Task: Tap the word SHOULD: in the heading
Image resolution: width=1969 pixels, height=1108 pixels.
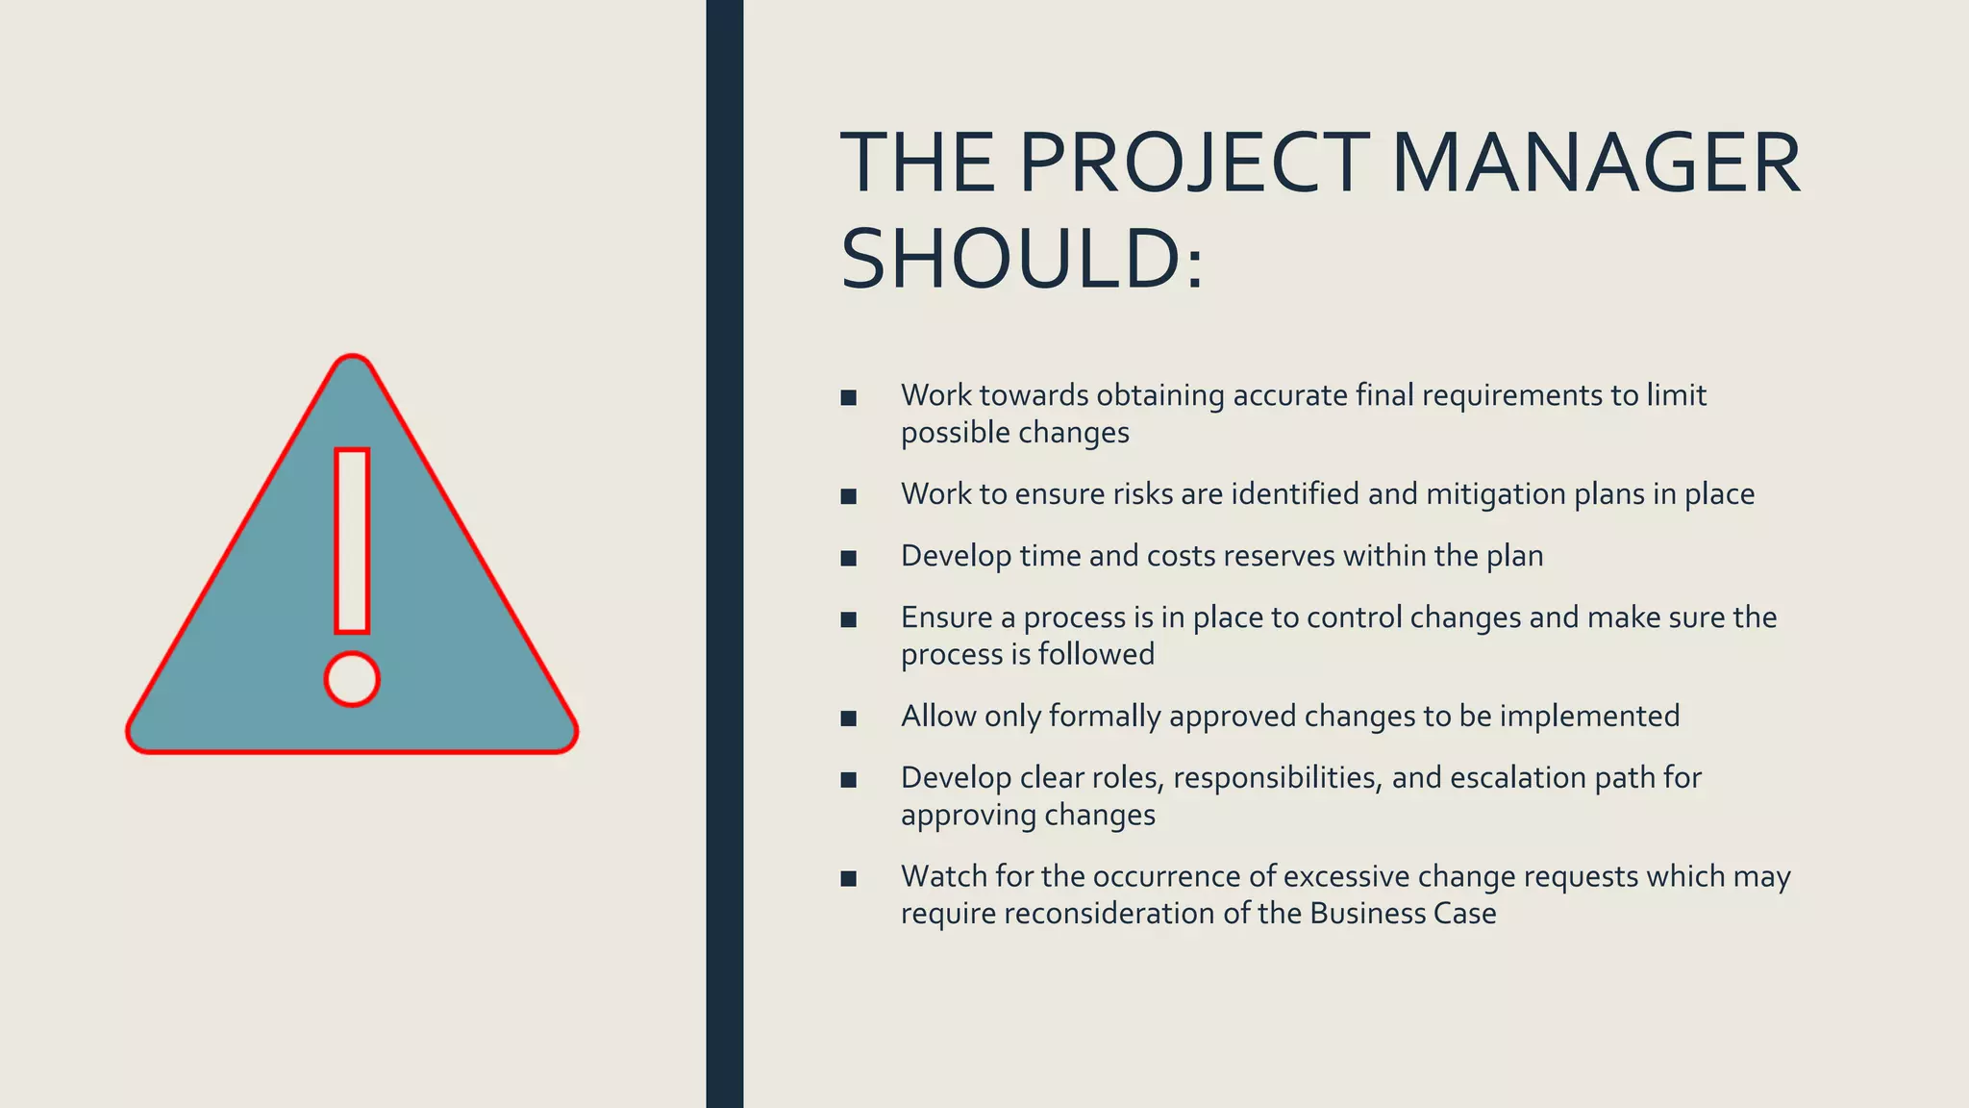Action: coord(1021,260)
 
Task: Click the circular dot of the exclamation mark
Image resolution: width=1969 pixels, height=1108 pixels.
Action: coord(352,679)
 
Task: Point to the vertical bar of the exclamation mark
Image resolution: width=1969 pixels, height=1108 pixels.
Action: coord(352,541)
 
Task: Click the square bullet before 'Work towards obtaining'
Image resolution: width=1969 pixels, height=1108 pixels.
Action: coord(848,397)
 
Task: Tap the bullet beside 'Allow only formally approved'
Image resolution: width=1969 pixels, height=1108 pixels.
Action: coord(848,718)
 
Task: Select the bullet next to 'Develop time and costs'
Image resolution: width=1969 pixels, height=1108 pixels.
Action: coord(848,558)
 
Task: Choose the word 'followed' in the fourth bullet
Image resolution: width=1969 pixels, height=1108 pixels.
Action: coord(1096,655)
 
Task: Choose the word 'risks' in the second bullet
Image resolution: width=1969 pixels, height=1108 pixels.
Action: coord(1143,494)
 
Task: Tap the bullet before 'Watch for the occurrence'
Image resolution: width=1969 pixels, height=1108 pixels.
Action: coord(848,878)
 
